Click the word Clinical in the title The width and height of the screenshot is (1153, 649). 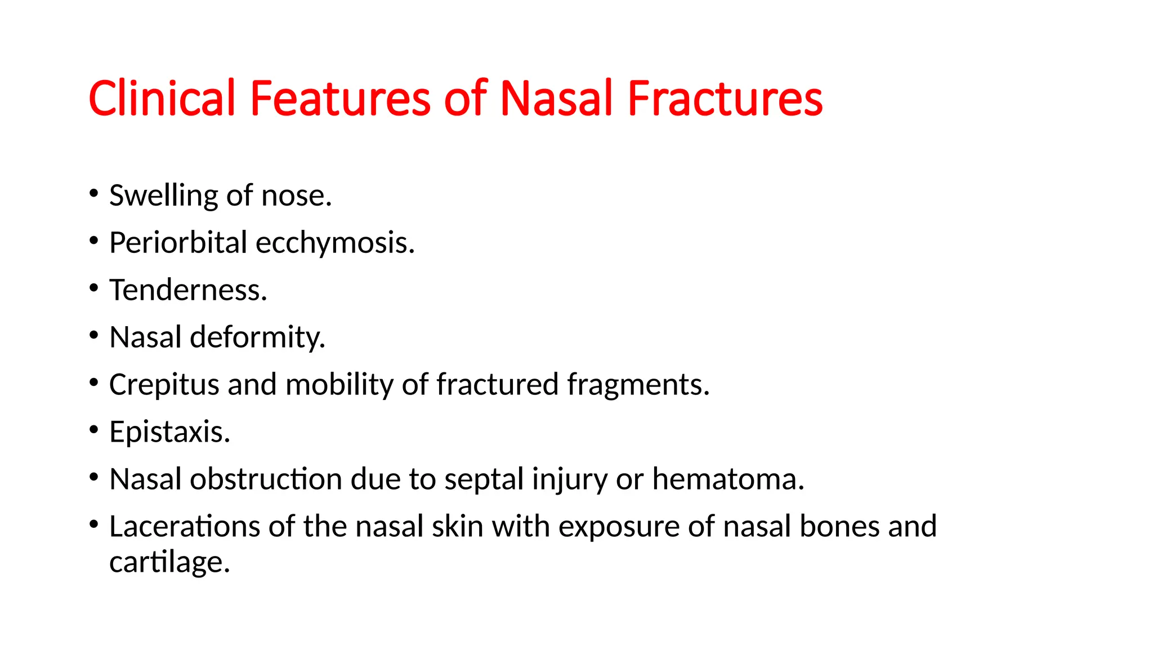162,99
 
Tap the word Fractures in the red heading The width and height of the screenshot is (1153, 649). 725,99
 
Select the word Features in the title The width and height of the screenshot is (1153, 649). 339,99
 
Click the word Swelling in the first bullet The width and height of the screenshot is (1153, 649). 163,196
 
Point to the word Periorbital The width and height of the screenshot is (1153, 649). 178,243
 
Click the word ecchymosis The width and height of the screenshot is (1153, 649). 335,243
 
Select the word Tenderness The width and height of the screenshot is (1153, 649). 188,290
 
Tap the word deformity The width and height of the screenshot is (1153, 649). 257,337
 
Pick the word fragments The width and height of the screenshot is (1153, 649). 638,385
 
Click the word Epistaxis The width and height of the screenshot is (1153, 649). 169,432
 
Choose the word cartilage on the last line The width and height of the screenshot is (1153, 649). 169,562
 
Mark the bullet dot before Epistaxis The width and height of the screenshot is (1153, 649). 93,430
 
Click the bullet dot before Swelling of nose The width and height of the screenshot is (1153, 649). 93,194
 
